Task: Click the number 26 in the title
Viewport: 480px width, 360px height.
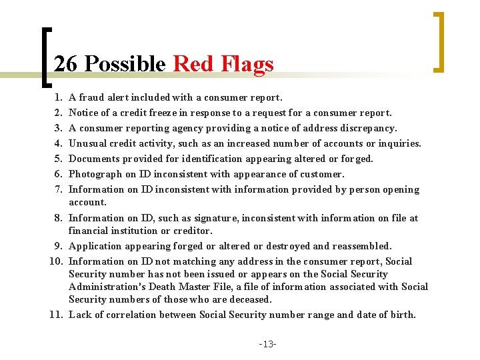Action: pyautogui.click(x=66, y=64)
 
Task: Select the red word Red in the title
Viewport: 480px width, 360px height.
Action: pyautogui.click(x=191, y=64)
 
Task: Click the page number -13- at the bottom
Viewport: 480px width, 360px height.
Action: pyautogui.click(x=268, y=344)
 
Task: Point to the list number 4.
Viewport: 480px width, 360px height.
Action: pyautogui.click(x=59, y=143)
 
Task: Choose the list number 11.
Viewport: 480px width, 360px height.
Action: pyautogui.click(x=56, y=315)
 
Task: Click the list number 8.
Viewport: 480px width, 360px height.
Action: pyautogui.click(x=59, y=218)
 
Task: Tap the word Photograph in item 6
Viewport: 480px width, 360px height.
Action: pyautogui.click(x=95, y=174)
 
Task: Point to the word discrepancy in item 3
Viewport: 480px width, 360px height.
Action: pyautogui.click(x=368, y=128)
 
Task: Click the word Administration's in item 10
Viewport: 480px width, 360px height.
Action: pyautogui.click(x=107, y=287)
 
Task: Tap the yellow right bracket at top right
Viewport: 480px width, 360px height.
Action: pyautogui.click(x=439, y=41)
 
